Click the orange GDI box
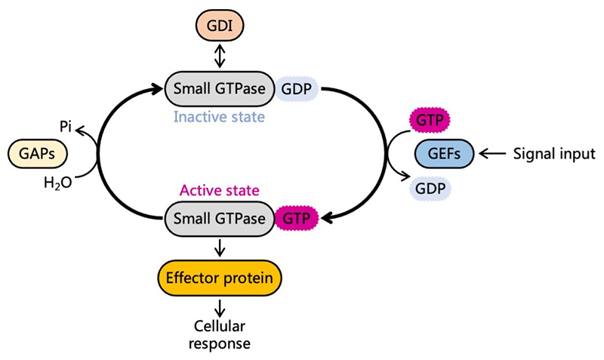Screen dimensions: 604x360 point(220,26)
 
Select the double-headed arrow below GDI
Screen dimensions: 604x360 point(220,55)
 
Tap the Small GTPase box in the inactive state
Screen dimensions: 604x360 point(220,89)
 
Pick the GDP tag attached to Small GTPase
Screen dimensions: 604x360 point(297,89)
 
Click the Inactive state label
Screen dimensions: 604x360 point(219,117)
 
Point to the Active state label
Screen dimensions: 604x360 point(220,190)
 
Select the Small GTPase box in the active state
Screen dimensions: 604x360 point(220,219)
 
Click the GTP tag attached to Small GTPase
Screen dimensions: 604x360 point(297,219)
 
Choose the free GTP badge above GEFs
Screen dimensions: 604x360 point(430,121)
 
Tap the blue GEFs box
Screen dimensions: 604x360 point(444,154)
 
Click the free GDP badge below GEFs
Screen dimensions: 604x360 point(430,189)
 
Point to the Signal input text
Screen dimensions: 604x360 point(554,154)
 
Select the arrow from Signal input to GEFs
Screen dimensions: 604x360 point(493,154)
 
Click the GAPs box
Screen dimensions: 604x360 point(37,154)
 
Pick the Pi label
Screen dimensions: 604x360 point(66,127)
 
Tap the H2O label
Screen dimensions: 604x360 point(58,183)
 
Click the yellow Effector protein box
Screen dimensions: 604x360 point(220,278)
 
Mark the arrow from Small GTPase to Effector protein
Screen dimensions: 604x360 point(220,248)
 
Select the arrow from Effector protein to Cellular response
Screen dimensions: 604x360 point(220,308)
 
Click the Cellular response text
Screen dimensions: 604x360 point(220,334)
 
